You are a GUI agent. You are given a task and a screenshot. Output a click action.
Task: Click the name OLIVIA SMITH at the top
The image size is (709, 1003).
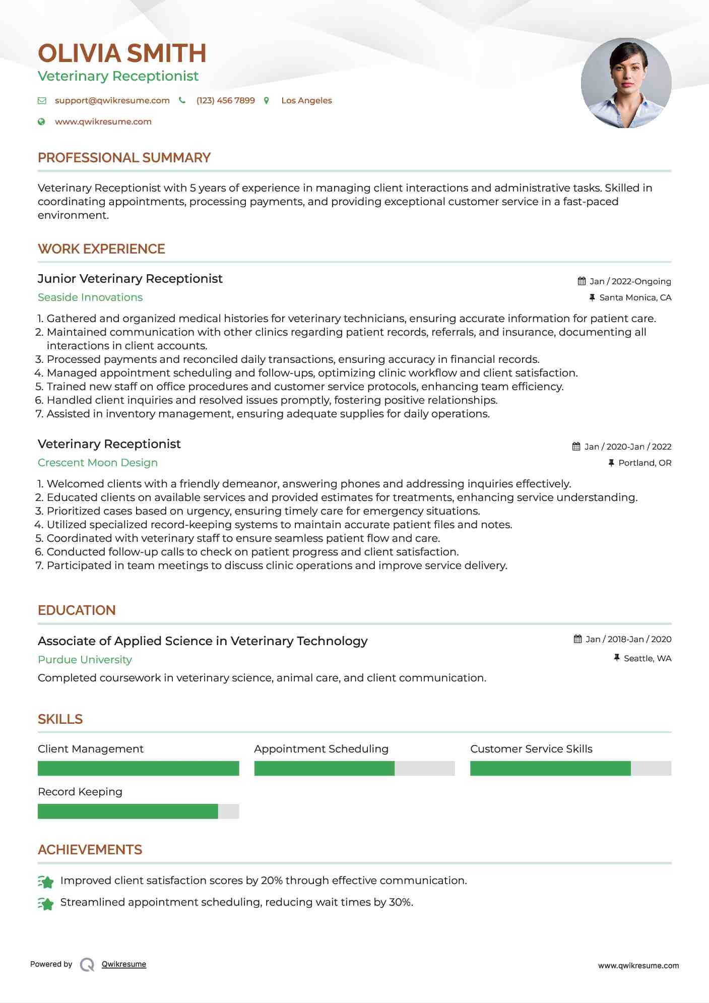122,53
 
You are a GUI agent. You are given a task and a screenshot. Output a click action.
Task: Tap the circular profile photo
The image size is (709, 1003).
626,83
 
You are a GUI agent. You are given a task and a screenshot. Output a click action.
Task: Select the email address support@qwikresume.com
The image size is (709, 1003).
112,100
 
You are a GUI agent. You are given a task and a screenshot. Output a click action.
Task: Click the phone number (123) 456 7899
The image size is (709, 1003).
225,100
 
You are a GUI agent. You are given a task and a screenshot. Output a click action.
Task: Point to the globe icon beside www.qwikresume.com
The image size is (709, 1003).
42,121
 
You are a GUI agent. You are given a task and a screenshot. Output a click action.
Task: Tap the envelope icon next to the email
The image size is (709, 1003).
42,101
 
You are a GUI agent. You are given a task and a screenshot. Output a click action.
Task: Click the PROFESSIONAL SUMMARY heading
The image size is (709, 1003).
124,158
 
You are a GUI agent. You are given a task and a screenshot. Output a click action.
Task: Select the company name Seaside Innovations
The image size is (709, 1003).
90,297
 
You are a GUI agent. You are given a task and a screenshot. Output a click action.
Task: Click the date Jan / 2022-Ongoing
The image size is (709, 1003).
630,281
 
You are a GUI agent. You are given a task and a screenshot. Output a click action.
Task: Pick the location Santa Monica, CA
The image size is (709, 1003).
635,297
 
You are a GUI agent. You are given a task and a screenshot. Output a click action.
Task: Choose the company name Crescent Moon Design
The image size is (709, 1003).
98,463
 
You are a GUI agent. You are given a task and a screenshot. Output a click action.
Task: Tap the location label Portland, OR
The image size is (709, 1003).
644,463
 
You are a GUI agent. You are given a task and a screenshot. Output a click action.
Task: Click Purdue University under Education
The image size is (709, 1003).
85,660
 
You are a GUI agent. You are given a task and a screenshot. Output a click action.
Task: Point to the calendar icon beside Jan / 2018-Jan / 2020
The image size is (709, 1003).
578,639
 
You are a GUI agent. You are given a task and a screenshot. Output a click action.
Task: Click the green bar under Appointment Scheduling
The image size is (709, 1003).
324,768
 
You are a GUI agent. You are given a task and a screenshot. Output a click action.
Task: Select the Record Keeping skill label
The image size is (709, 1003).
80,792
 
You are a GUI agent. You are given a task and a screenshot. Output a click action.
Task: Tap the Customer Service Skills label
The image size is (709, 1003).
531,749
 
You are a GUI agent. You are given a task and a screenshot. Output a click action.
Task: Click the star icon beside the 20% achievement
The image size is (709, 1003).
46,882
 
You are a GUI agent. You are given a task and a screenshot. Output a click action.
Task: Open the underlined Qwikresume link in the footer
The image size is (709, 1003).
124,964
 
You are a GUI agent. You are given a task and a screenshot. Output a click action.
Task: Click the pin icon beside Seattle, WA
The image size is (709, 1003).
617,658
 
